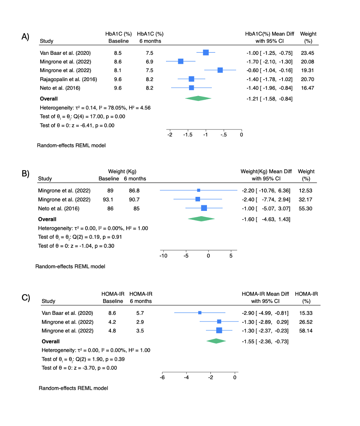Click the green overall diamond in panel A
(198, 98)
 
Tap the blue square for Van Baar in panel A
(206, 52)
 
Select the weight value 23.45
(307, 53)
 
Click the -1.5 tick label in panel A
(188, 135)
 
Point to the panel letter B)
(25, 173)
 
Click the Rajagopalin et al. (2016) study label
(68, 79)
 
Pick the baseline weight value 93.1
(108, 199)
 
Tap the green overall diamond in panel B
(201, 219)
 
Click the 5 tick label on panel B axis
(231, 256)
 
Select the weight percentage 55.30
(305, 208)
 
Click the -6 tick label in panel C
(162, 377)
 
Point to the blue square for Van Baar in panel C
(200, 313)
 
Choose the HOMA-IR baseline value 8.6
(112, 313)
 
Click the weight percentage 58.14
(305, 331)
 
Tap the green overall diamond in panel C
(216, 341)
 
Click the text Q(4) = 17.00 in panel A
(89, 117)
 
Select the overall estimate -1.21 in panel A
(252, 99)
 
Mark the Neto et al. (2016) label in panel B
(59, 209)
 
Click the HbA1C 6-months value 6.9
(150, 62)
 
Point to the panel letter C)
(26, 298)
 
